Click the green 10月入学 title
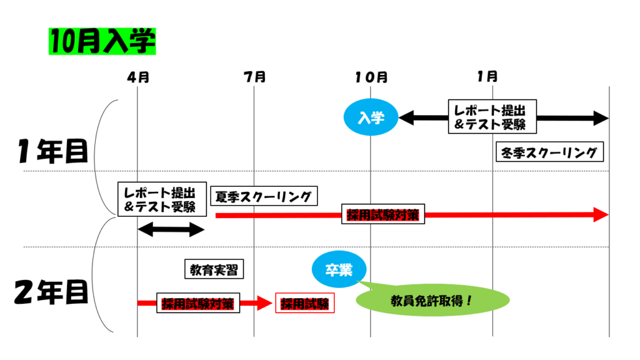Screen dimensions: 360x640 coord(102,41)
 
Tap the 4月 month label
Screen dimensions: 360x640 coord(137,77)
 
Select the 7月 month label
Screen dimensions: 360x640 coord(254,77)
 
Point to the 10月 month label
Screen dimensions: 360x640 coord(371,77)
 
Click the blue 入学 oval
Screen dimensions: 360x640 coord(371,117)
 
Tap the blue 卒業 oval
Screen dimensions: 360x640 coord(339,269)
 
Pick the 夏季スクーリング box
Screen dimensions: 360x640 coord(264,196)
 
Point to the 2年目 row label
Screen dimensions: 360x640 coord(51,292)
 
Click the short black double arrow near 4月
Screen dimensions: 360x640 coord(171,229)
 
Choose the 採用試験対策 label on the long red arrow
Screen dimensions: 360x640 coord(382,215)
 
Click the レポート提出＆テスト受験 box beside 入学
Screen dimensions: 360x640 coord(491,116)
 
